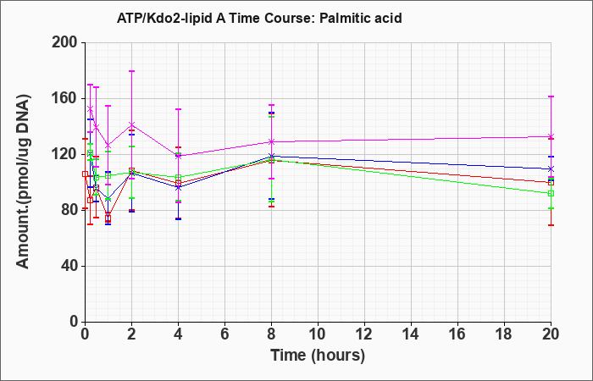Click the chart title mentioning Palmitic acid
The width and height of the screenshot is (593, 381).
tap(259, 18)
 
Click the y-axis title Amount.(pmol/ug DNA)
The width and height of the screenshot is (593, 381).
tap(24, 182)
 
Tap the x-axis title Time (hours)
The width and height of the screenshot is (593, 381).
tap(318, 356)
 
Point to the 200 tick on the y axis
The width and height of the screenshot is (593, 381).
tap(69, 42)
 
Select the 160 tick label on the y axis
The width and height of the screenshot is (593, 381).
tap(69, 99)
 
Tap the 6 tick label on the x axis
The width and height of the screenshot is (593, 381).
tap(225, 334)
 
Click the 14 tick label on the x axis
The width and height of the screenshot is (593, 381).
tap(411, 334)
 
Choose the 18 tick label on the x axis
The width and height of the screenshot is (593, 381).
tap(505, 334)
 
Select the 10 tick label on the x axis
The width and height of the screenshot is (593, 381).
tap(318, 334)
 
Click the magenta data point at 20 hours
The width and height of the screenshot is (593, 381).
tap(551, 136)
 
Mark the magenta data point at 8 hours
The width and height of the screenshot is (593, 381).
tap(272, 141)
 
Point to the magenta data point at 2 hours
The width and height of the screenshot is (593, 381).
tap(132, 124)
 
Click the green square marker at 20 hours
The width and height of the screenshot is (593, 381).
tap(551, 194)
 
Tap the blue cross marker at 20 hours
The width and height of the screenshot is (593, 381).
tap(551, 169)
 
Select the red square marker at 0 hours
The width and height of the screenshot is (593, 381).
tap(85, 174)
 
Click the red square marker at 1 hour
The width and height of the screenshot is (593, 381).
tap(108, 218)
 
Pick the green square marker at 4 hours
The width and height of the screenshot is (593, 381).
tap(179, 177)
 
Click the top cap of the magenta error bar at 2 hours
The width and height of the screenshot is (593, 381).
tap(132, 71)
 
